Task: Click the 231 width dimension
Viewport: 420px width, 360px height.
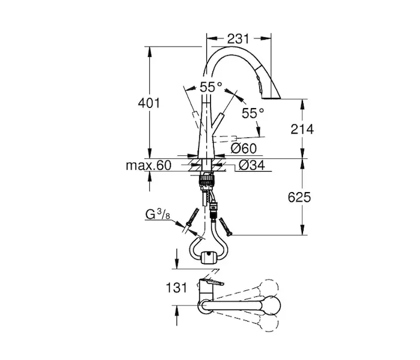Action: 238,39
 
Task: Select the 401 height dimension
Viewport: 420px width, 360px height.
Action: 149,103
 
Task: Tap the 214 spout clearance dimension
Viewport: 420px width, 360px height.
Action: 302,130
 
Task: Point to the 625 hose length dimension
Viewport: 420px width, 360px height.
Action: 299,197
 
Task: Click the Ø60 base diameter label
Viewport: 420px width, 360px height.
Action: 244,148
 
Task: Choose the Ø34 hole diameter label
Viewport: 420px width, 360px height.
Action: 251,165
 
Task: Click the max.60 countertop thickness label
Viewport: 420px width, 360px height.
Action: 148,166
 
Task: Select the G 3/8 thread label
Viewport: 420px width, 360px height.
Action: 157,214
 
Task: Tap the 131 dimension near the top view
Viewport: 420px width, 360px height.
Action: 176,288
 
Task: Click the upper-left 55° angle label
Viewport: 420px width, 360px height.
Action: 211,87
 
